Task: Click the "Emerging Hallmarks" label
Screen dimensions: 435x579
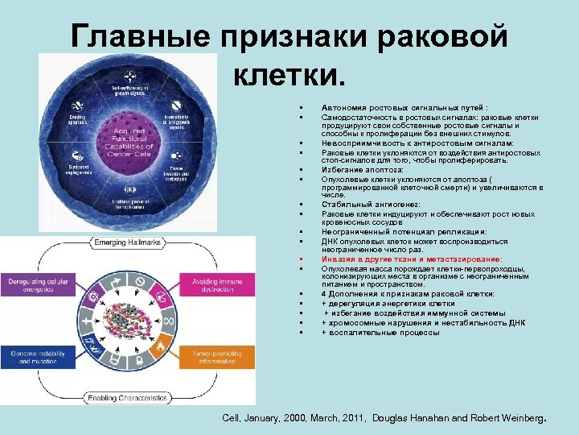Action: point(129,242)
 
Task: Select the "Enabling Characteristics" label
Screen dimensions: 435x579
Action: point(129,397)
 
